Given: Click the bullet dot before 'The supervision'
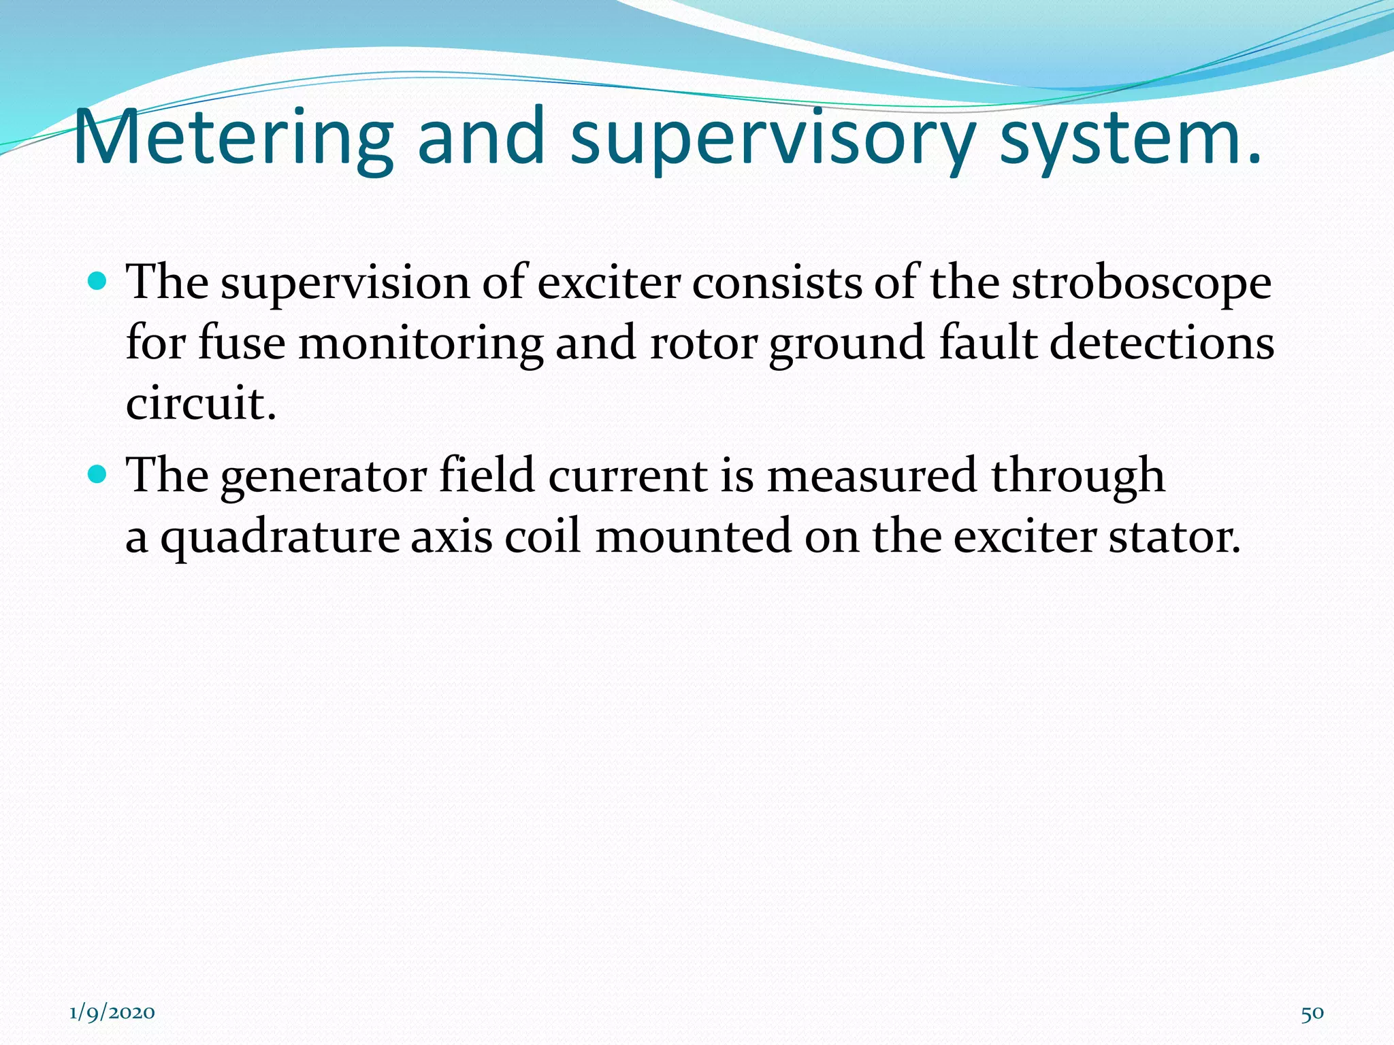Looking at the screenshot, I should (98, 280).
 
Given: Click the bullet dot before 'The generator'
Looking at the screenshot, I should (98, 474).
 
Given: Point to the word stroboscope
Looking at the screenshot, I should (1141, 282).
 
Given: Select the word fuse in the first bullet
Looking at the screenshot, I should (242, 342).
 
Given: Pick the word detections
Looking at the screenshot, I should (1161, 342).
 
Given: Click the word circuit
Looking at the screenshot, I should (201, 403).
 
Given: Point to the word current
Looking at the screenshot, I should (628, 475).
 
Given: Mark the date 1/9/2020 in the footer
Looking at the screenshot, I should (112, 1012).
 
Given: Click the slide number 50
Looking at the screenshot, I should (1312, 1013).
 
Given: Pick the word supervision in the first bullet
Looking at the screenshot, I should (345, 282).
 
